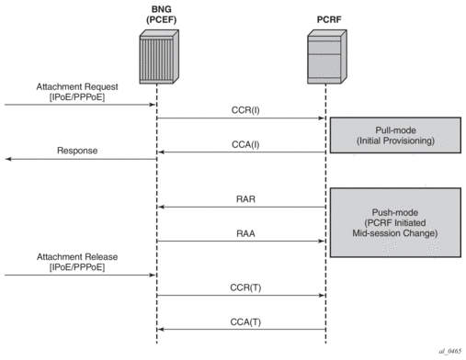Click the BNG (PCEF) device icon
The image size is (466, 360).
tap(159, 57)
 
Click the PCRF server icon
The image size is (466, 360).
tap(327, 57)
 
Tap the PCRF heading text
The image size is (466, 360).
tap(329, 19)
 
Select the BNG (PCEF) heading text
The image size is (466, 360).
tap(161, 15)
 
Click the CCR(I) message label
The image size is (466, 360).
tap(245, 110)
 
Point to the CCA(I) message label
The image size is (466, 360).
tap(245, 144)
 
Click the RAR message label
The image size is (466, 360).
tap(245, 199)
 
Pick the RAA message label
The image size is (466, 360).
tap(245, 233)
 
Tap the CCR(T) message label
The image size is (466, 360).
tap(245, 287)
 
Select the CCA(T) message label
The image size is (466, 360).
tap(245, 322)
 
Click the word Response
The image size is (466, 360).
tap(77, 151)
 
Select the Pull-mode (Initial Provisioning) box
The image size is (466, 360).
tap(395, 135)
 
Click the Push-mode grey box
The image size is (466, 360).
tap(395, 222)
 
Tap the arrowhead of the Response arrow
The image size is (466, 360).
tap(8, 159)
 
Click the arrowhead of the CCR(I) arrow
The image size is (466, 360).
tap(322, 118)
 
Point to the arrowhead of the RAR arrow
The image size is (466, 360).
tap(161, 208)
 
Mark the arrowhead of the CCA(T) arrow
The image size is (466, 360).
tap(161, 330)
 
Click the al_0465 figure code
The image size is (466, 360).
tap(449, 352)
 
